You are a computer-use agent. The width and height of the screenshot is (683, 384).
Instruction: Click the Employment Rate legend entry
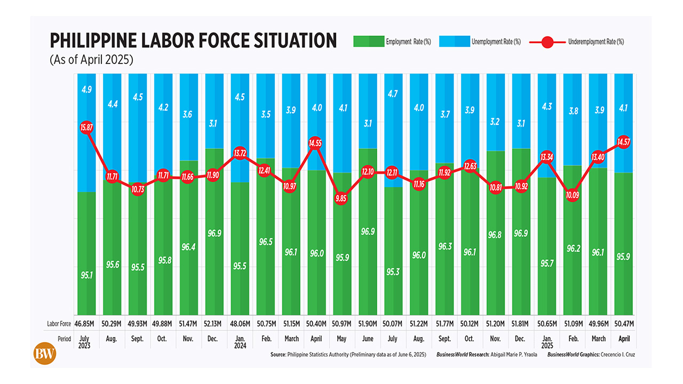pos(392,42)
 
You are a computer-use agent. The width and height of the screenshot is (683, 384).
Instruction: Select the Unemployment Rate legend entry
pos(479,42)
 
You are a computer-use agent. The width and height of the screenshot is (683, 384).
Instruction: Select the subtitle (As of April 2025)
pos(91,60)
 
